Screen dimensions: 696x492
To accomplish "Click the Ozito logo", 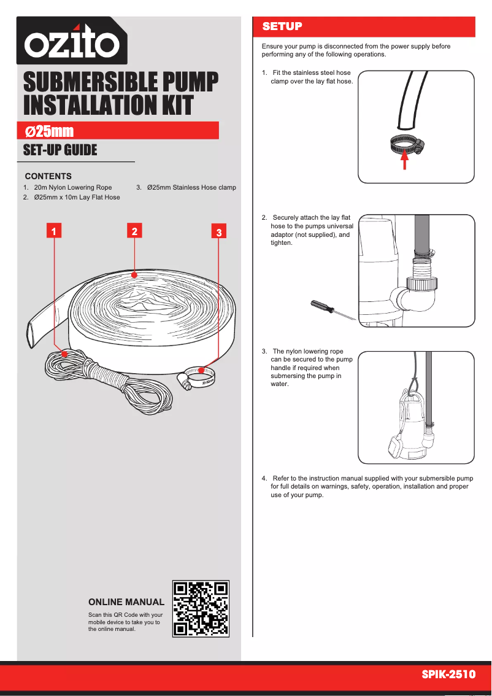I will [x=72, y=41].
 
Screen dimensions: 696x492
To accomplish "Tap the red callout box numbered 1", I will [x=54, y=231].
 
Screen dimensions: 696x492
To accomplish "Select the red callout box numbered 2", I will [x=134, y=231].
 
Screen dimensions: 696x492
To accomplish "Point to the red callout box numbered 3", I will [x=220, y=233].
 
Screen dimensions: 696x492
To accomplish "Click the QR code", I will [x=201, y=608].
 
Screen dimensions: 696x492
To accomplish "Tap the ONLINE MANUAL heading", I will [x=126, y=602].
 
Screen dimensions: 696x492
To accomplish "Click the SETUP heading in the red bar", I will [x=282, y=26].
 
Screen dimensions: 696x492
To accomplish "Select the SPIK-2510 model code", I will [x=448, y=675].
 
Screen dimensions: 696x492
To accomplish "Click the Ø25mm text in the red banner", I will [x=50, y=131].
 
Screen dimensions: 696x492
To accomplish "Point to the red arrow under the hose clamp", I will [x=404, y=160].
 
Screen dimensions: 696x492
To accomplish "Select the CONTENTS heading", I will [x=48, y=176].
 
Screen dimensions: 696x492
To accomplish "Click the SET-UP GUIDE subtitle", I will [x=60, y=150].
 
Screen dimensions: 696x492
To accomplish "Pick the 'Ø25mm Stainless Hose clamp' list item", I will [x=191, y=187].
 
